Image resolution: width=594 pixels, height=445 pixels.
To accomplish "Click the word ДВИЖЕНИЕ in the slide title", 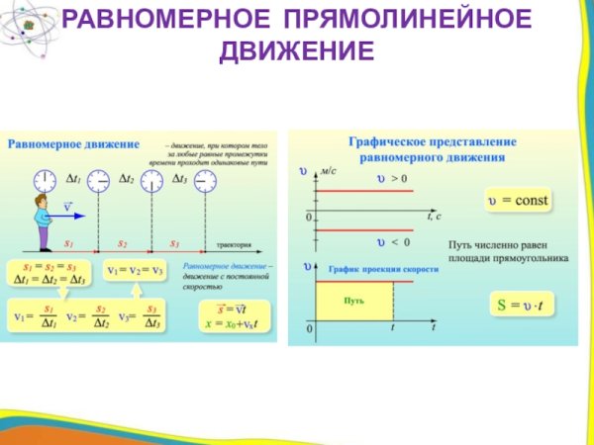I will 297,48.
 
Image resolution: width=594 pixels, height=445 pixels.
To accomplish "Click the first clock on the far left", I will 44,181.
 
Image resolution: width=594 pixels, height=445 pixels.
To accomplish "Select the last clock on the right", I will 204,181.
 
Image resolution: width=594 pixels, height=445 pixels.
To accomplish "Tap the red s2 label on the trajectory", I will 122,243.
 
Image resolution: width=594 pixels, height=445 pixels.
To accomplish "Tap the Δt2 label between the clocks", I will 127,180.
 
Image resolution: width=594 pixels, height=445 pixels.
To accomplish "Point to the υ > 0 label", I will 392,179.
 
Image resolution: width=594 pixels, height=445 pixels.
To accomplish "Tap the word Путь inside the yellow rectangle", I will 353,298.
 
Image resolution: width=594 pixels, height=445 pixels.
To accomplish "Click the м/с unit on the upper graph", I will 330,172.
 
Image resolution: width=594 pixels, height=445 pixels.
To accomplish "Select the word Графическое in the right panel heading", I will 389,141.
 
